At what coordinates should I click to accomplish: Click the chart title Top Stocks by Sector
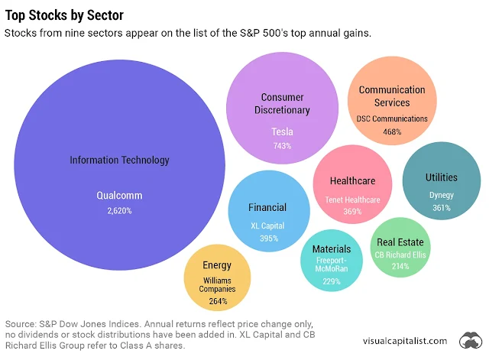pyautogui.click(x=64, y=15)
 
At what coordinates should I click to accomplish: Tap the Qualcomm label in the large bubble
pyautogui.click(x=119, y=195)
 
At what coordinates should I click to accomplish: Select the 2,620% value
pyautogui.click(x=119, y=210)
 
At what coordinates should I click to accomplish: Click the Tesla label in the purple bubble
pyautogui.click(x=282, y=131)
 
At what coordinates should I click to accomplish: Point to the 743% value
pyautogui.click(x=282, y=146)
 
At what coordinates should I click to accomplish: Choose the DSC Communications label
pyautogui.click(x=392, y=118)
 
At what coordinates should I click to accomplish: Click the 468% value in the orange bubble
pyautogui.click(x=392, y=131)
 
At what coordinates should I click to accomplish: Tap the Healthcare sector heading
pyautogui.click(x=352, y=181)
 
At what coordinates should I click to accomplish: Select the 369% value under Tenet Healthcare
pyautogui.click(x=352, y=212)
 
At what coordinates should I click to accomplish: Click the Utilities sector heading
pyautogui.click(x=441, y=177)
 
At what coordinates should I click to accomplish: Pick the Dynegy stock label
pyautogui.click(x=441, y=195)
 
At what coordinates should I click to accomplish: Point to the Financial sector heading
pyautogui.click(x=267, y=207)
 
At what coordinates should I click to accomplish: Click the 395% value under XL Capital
pyautogui.click(x=267, y=238)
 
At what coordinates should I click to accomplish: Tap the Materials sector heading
pyautogui.click(x=332, y=248)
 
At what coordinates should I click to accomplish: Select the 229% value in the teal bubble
pyautogui.click(x=332, y=281)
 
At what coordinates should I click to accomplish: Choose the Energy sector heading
pyautogui.click(x=217, y=265)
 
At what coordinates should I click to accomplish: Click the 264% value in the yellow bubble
pyautogui.click(x=217, y=301)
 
